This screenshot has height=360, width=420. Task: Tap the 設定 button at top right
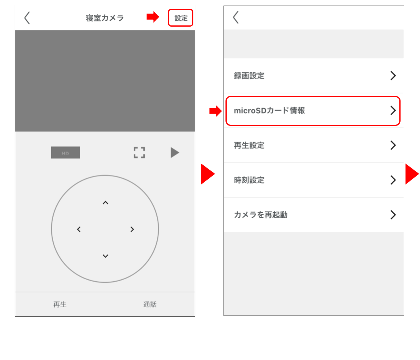[x=181, y=18]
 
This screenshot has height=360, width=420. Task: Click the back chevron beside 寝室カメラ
[x=27, y=18]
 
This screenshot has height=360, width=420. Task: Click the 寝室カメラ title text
[x=105, y=18]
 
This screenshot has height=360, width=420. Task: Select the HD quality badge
[x=65, y=153]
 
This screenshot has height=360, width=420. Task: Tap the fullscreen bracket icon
[x=139, y=153]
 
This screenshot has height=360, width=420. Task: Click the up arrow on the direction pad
[x=105, y=203]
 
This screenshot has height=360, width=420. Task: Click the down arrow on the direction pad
[x=105, y=256]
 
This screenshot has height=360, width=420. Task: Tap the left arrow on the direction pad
[x=79, y=229]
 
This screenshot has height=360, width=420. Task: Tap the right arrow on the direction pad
[x=132, y=229]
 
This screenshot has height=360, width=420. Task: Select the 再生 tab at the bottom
[x=60, y=304]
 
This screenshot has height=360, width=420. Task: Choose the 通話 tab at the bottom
[x=150, y=304]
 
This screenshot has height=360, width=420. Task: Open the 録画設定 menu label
[x=249, y=76]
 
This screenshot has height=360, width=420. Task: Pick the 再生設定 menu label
[x=249, y=145]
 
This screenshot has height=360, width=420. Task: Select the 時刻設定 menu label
[x=249, y=180]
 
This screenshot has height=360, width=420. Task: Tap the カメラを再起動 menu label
[x=260, y=215]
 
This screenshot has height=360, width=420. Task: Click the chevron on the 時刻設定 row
[x=393, y=180]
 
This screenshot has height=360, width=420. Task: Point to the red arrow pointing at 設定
[x=152, y=17]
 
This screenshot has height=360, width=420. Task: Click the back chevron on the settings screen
[x=236, y=17]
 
